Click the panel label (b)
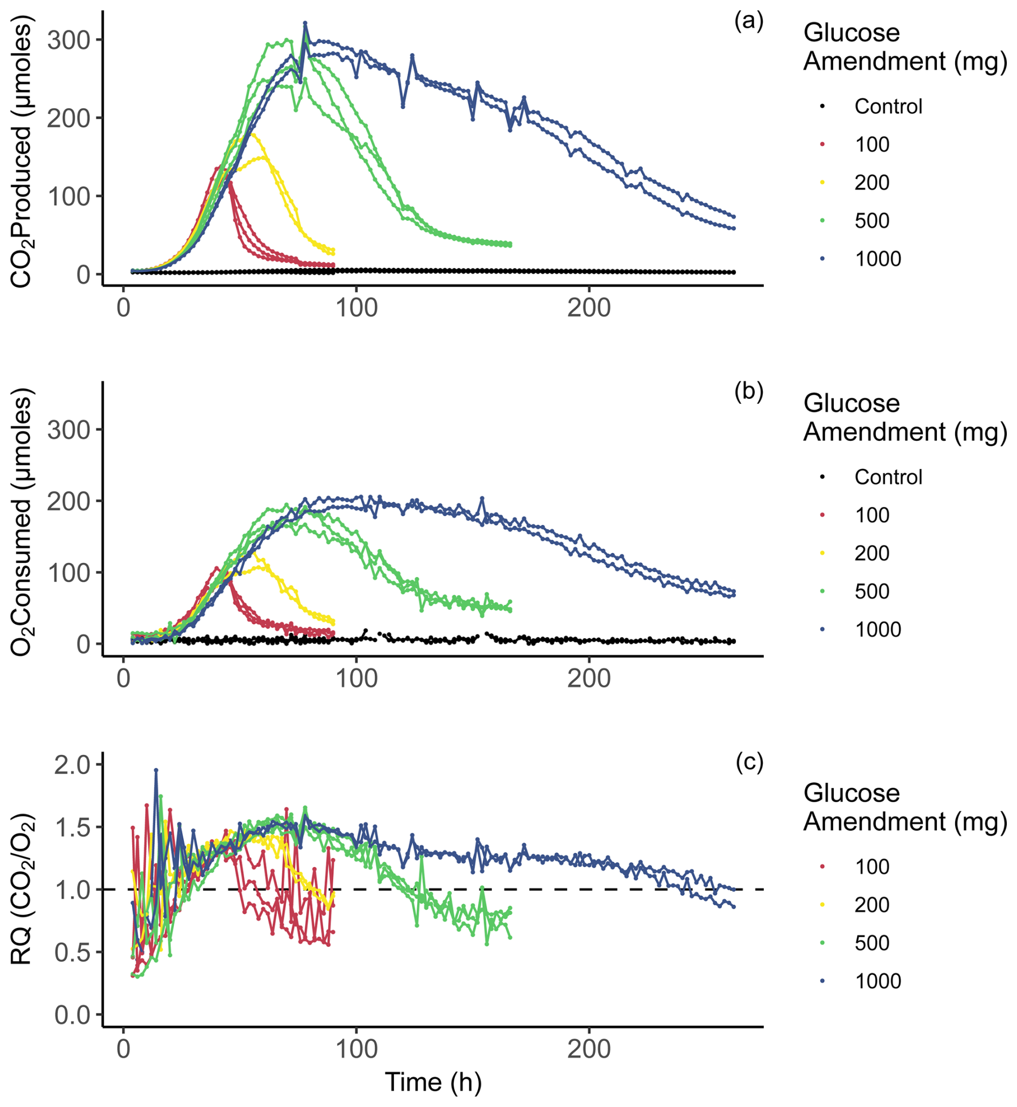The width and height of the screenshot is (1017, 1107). [748, 391]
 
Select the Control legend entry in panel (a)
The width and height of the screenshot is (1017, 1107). [887, 106]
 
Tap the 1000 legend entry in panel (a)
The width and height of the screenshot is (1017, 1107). [877, 259]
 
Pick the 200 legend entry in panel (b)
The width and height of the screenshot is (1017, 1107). [871, 553]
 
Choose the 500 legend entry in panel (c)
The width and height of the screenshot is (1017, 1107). [871, 942]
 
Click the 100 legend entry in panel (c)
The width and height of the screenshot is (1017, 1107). [871, 867]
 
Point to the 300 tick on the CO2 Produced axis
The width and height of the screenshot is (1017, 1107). [69, 40]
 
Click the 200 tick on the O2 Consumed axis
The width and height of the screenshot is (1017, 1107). [69, 502]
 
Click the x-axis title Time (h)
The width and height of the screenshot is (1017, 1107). [433, 1082]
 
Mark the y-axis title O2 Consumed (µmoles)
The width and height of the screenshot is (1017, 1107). [22, 522]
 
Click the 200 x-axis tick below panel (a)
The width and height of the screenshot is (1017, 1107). [589, 308]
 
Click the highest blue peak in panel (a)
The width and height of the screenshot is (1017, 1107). [305, 23]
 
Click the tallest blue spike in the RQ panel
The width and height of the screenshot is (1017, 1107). [156, 770]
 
